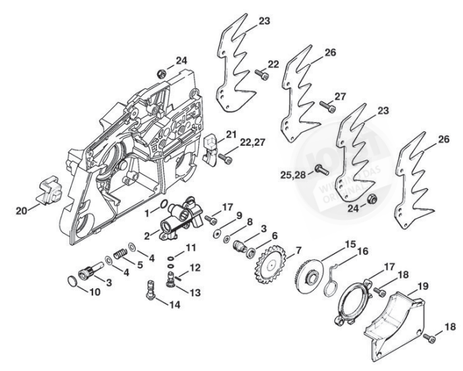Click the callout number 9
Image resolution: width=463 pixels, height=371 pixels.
(x=238, y=215)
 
